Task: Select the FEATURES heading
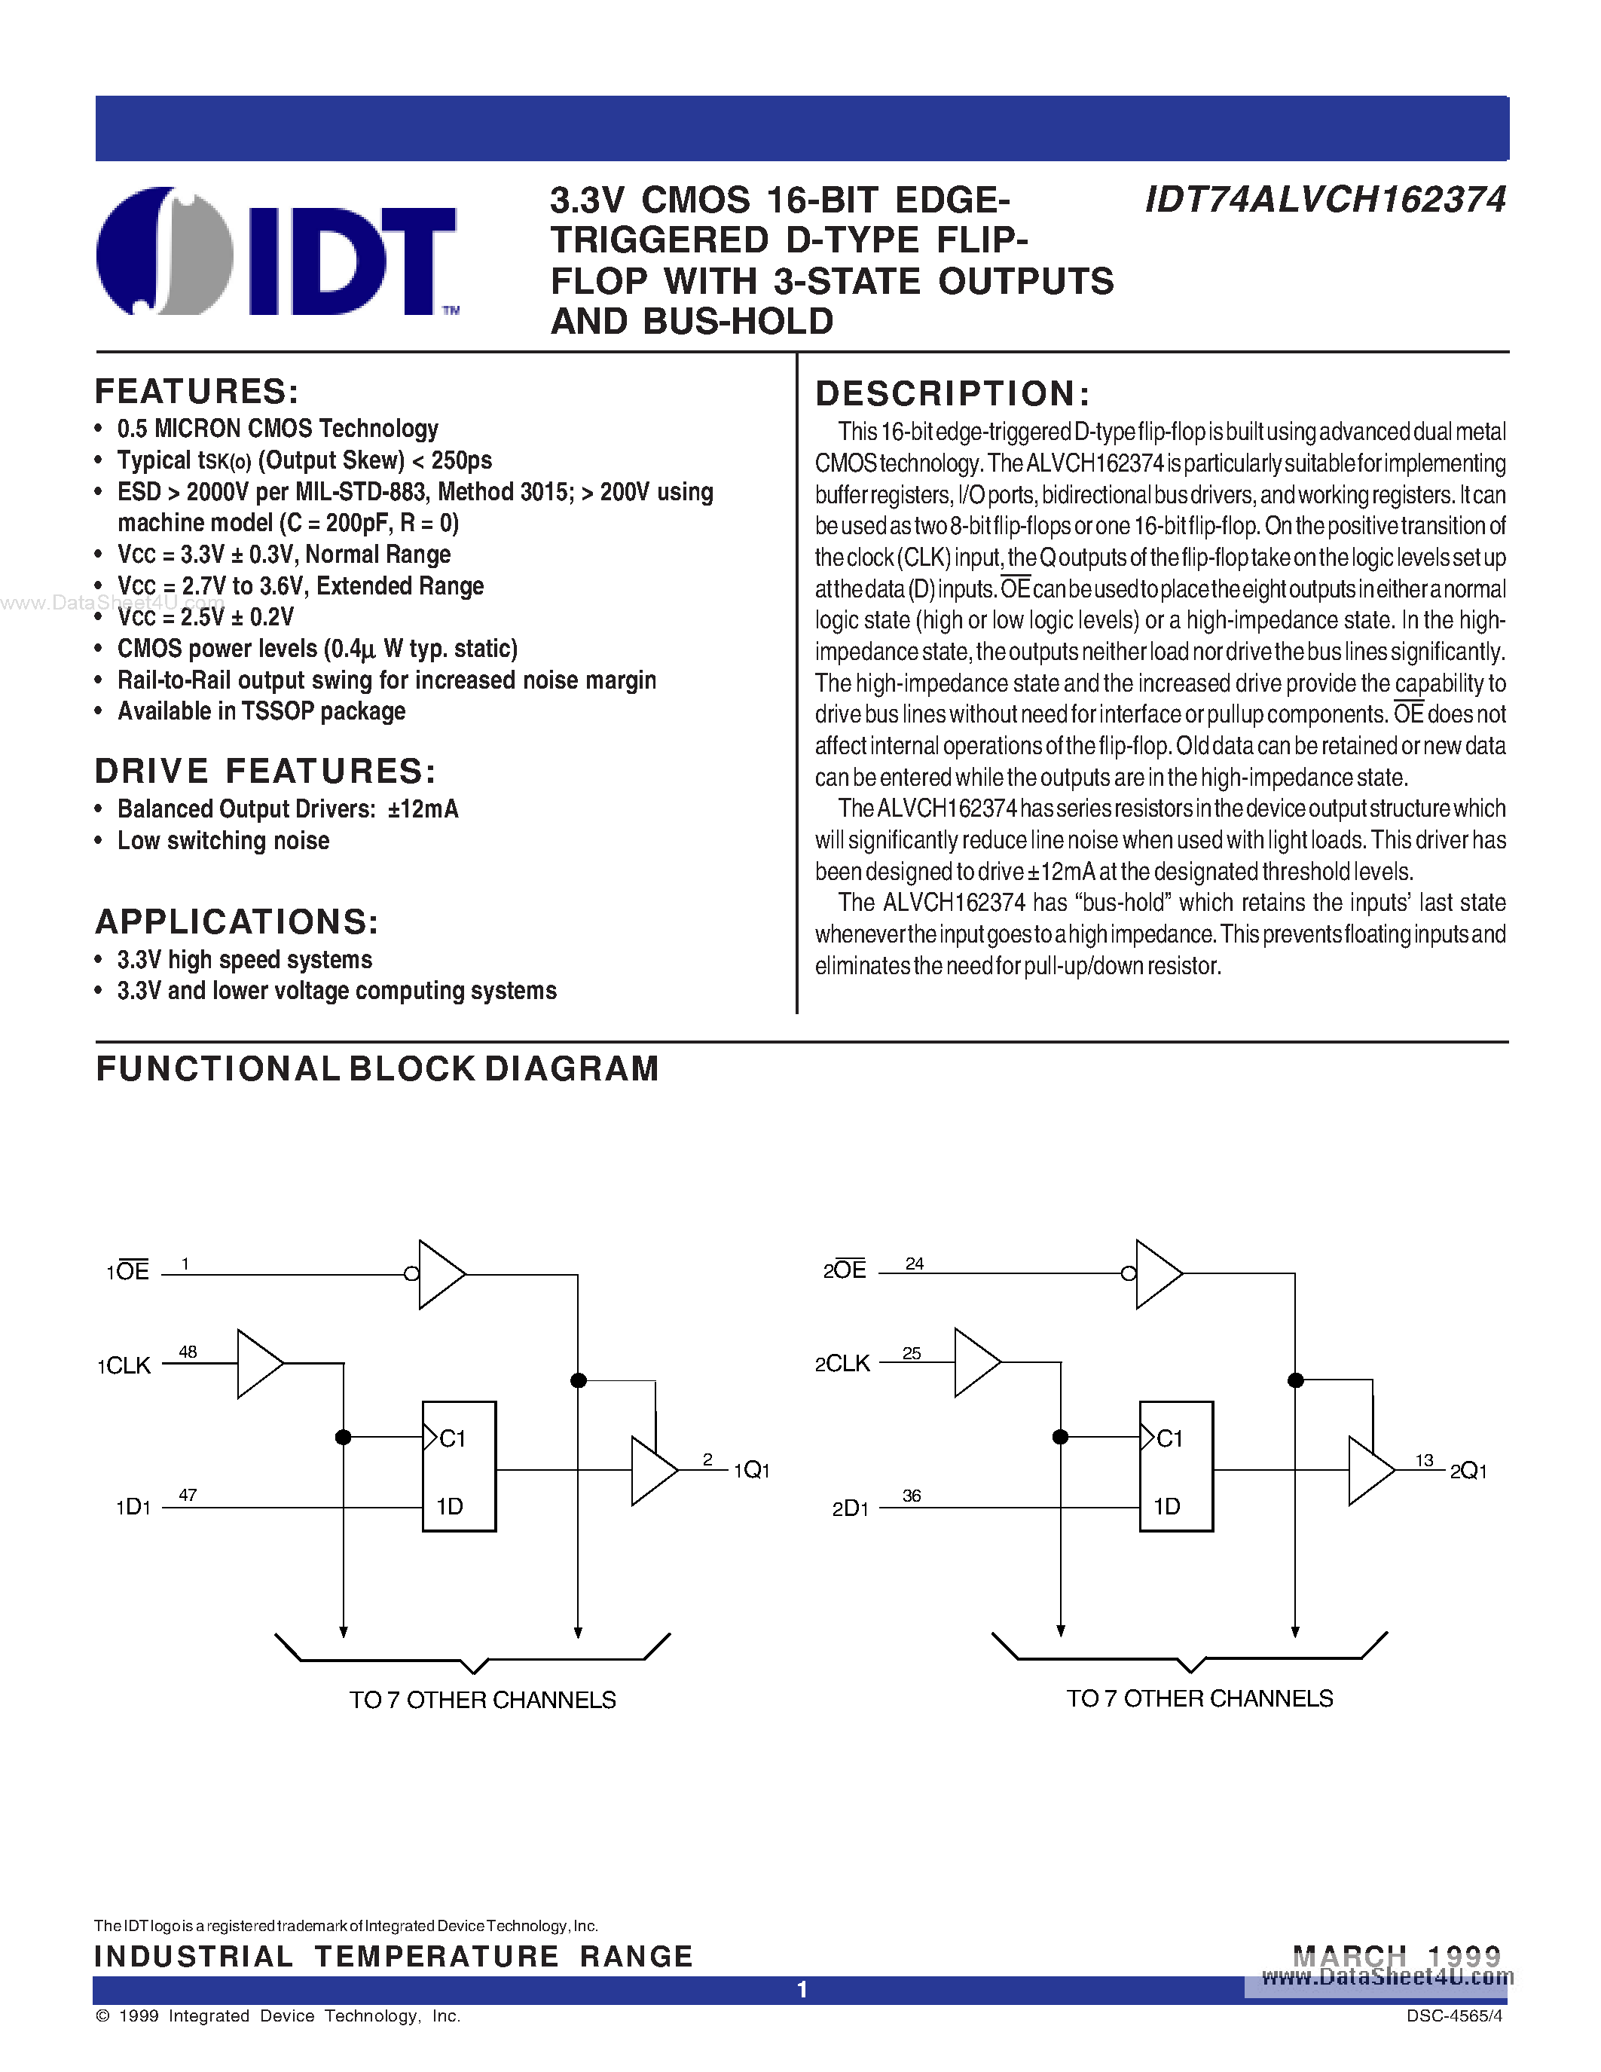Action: pos(197,392)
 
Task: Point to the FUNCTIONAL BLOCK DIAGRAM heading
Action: pos(377,1069)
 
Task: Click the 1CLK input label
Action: pos(124,1365)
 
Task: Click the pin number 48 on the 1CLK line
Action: pos(188,1352)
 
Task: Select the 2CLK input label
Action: pos(842,1363)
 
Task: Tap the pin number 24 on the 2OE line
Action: pos(915,1264)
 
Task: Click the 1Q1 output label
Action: pos(752,1469)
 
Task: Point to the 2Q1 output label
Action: pos(1468,1471)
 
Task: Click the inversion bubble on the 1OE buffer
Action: pos(411,1274)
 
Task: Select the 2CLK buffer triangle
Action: pos(975,1362)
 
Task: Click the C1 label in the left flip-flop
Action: pos(452,1438)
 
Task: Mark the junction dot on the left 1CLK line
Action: pos(344,1438)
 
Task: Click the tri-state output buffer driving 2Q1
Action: pos(1370,1471)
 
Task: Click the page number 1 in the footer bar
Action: pos(802,1989)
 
